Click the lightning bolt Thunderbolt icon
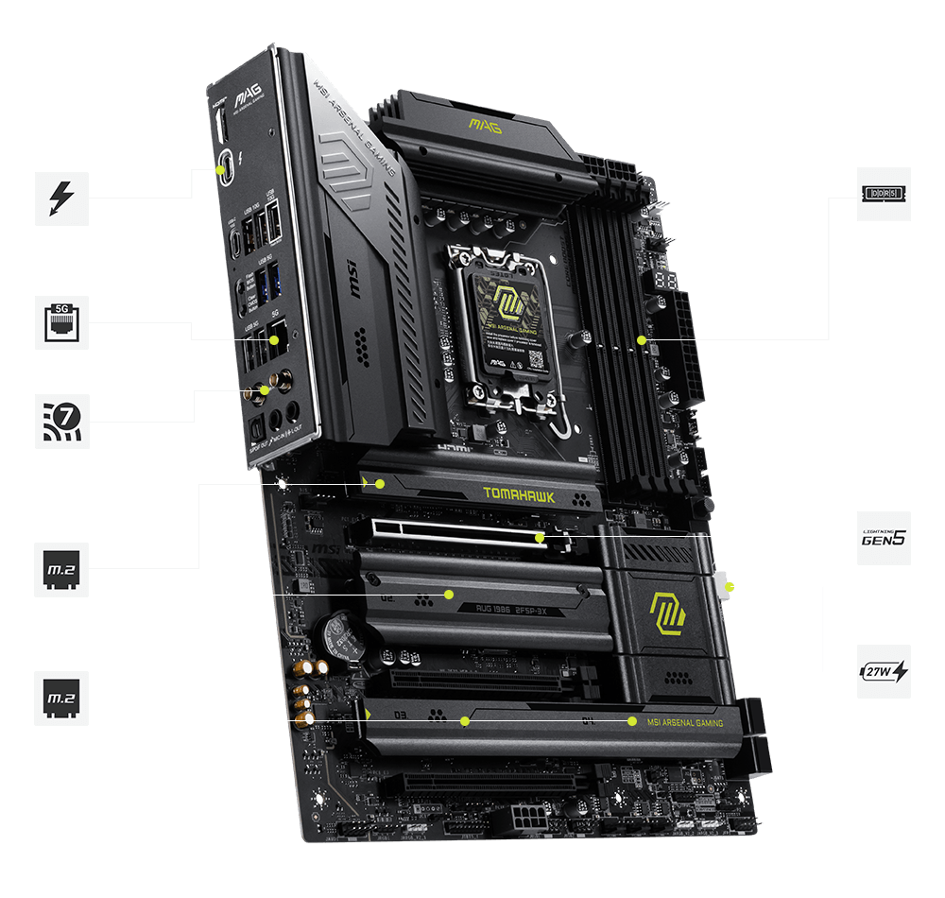61,199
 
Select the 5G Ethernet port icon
61,322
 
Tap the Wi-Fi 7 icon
61,421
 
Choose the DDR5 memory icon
884,194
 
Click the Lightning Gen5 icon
884,538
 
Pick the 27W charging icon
884,671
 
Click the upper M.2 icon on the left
61,569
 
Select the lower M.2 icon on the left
61,699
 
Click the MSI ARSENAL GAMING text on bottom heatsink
685,723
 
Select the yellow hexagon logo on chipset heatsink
667,612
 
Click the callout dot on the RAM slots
641,339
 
